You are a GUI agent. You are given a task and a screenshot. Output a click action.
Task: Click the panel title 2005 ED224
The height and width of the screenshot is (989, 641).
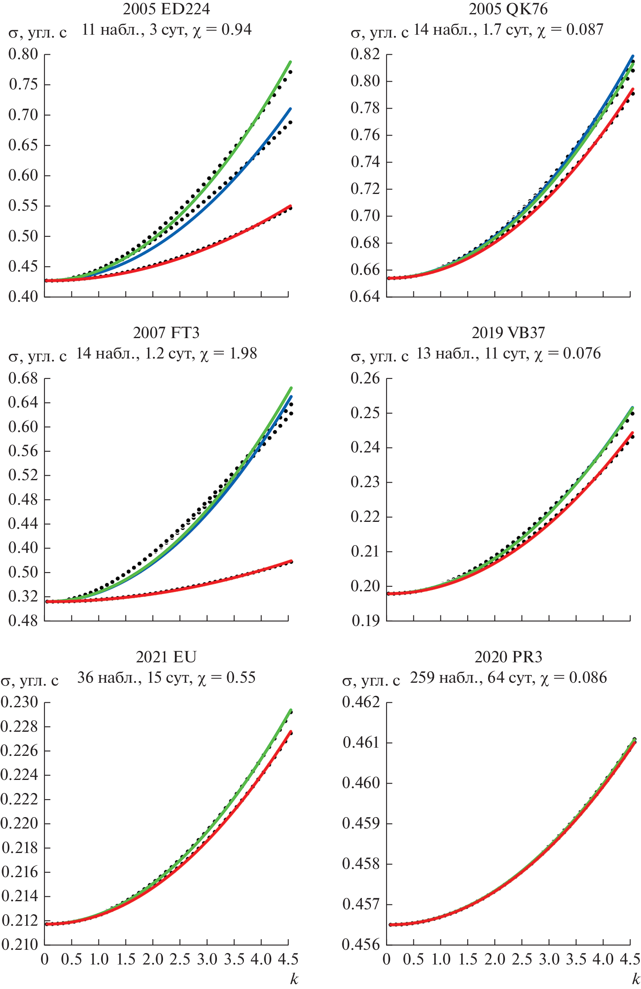(x=166, y=9)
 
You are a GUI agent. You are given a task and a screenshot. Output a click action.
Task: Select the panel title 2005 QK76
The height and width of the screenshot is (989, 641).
(x=508, y=9)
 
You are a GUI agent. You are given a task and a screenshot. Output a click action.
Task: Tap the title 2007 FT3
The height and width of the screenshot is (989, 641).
(x=166, y=333)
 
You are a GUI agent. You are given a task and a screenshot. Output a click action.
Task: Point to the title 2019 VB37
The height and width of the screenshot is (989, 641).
(x=508, y=333)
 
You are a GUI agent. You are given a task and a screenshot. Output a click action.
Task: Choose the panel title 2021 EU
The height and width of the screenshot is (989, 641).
(x=166, y=657)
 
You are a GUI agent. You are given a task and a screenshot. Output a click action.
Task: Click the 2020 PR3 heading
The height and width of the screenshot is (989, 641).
(x=508, y=657)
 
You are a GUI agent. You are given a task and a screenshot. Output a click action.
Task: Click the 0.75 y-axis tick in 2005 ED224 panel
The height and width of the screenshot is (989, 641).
(x=23, y=85)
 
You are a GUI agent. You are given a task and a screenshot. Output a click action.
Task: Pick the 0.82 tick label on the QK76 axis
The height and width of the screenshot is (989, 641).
(x=365, y=54)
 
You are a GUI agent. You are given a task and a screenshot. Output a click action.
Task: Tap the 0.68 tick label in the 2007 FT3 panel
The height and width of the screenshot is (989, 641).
(x=23, y=378)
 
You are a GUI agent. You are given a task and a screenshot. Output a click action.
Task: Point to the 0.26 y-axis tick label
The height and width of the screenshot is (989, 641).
(x=365, y=378)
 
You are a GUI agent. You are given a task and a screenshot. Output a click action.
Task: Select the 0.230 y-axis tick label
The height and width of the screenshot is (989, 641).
(x=20, y=702)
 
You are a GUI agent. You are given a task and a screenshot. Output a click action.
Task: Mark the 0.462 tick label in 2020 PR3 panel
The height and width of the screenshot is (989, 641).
(x=361, y=702)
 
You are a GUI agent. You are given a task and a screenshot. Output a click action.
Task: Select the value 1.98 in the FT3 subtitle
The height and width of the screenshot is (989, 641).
(x=243, y=354)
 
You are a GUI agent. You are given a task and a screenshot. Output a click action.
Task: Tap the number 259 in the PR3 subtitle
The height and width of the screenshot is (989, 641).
(x=423, y=678)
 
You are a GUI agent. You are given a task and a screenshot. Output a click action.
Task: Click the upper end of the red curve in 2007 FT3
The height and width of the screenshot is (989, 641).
(x=291, y=561)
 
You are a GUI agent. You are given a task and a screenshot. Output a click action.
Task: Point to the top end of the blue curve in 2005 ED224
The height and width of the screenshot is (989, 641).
(x=290, y=109)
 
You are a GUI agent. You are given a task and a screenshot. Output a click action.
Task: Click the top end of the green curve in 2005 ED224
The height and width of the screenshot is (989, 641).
(x=290, y=62)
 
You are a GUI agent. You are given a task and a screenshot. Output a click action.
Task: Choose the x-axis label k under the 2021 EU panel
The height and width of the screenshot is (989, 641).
(x=294, y=979)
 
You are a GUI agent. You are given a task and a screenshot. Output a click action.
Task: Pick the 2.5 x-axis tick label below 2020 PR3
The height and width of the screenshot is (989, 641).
(x=522, y=960)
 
